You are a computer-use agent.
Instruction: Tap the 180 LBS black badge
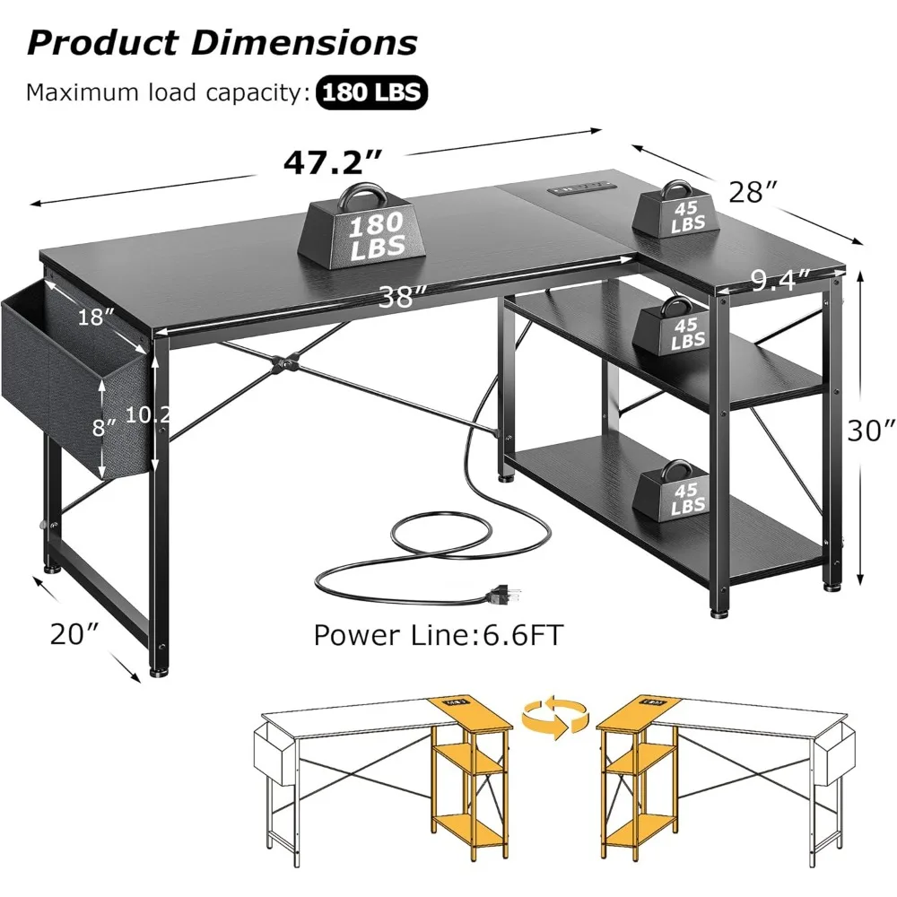(x=371, y=92)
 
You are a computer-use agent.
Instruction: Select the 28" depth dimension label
(x=752, y=191)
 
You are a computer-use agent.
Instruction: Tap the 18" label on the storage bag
(x=96, y=317)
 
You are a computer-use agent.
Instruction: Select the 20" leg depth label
(x=73, y=634)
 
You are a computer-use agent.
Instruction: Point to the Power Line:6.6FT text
(x=438, y=635)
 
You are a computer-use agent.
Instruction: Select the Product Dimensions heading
(x=222, y=42)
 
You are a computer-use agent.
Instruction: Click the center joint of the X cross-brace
(x=284, y=365)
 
